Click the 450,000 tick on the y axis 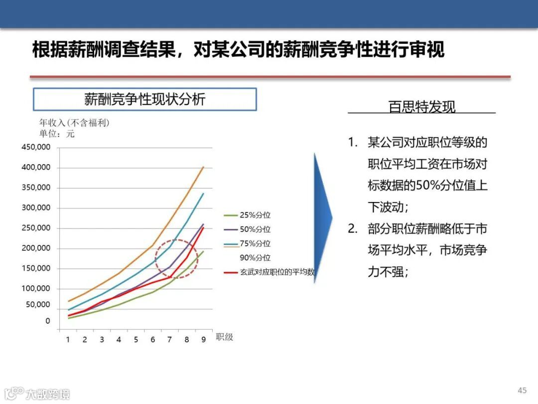[36, 147]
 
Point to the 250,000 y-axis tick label [36, 228]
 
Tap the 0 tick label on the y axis [48, 321]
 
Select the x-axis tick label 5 [135, 340]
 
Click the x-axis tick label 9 [203, 340]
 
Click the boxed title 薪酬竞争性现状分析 [144, 99]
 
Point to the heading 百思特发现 [421, 107]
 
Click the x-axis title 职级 [224, 337]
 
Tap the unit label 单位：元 [57, 134]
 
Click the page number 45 [522, 390]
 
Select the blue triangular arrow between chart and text [322, 218]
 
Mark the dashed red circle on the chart [176, 258]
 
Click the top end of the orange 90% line [203, 167]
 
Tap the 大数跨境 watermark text [48, 394]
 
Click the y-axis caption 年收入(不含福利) [74, 123]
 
